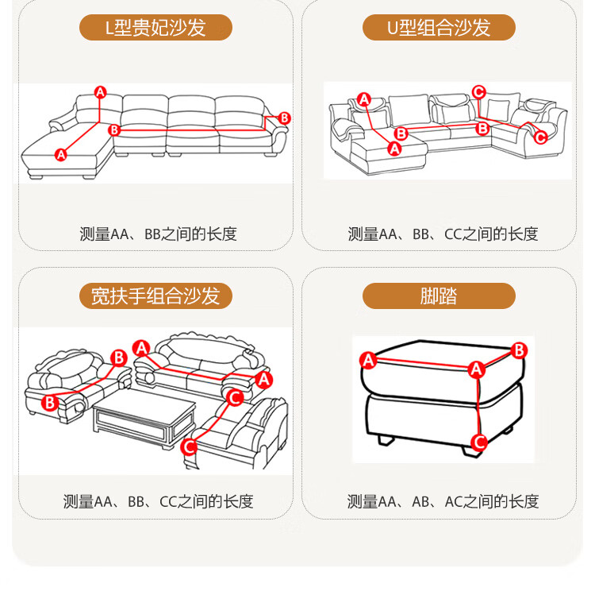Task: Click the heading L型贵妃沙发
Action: pyautogui.click(x=155, y=28)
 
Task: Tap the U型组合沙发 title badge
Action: pyautogui.click(x=439, y=28)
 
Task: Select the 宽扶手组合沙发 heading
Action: pyautogui.click(x=155, y=296)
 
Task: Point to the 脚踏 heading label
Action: pyautogui.click(x=439, y=296)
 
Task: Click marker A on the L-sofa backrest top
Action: pyautogui.click(x=100, y=92)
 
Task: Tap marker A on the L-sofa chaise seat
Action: pyautogui.click(x=60, y=155)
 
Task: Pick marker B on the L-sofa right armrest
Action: pyautogui.click(x=285, y=118)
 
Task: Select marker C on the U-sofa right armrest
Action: pyautogui.click(x=540, y=137)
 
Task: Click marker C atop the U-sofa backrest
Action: pyautogui.click(x=478, y=92)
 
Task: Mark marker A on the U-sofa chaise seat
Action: pyautogui.click(x=394, y=149)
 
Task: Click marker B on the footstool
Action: pyautogui.click(x=520, y=350)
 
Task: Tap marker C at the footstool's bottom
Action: pyautogui.click(x=479, y=442)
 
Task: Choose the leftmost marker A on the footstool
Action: pyautogui.click(x=368, y=360)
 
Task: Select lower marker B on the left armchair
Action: pyautogui.click(x=50, y=403)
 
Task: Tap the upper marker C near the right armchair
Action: pyautogui.click(x=235, y=398)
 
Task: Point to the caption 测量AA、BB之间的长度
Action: pyautogui.click(x=159, y=234)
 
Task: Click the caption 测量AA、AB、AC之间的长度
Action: pyautogui.click(x=443, y=501)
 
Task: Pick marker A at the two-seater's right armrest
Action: pyautogui.click(x=264, y=380)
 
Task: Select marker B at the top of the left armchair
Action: pyautogui.click(x=119, y=358)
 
